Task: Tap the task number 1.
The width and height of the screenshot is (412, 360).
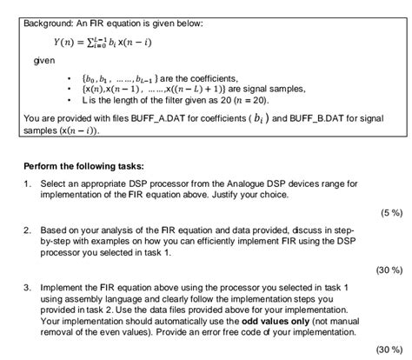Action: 29,184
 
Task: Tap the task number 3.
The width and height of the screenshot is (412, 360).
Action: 29,286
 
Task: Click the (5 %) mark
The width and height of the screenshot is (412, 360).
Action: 389,212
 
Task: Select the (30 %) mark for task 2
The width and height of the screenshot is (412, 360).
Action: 387,269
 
